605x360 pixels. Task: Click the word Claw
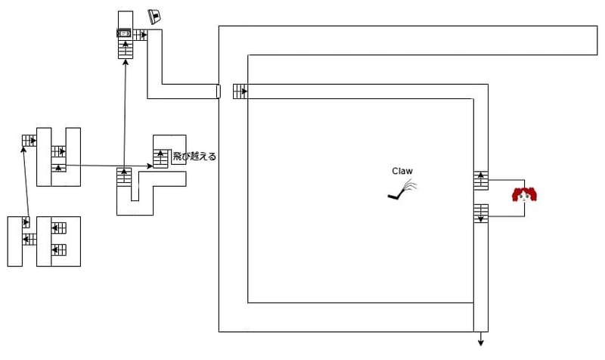click(x=402, y=171)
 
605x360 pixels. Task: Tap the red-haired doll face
click(x=524, y=195)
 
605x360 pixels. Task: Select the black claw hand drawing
click(x=402, y=191)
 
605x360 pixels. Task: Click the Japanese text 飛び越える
click(x=194, y=157)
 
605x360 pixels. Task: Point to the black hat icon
click(x=155, y=17)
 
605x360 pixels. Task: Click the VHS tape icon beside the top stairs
click(x=124, y=33)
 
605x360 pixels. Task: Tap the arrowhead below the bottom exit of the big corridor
click(x=481, y=343)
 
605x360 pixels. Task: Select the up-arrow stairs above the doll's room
click(x=481, y=181)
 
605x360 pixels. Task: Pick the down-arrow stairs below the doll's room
click(x=481, y=213)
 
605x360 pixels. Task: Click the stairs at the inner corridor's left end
click(x=240, y=92)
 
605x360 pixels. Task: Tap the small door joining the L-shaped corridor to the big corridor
click(x=218, y=92)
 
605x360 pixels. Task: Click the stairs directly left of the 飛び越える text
click(x=160, y=158)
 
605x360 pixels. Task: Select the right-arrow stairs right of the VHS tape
click(x=140, y=35)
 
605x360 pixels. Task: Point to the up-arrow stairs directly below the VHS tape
click(x=126, y=48)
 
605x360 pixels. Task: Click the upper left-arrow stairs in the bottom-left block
click(x=59, y=228)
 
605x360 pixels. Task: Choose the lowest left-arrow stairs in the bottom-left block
click(x=59, y=250)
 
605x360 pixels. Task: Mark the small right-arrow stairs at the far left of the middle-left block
click(x=29, y=141)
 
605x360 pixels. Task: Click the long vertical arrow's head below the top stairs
click(x=125, y=63)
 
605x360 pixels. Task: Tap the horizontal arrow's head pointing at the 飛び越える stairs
click(x=150, y=166)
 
